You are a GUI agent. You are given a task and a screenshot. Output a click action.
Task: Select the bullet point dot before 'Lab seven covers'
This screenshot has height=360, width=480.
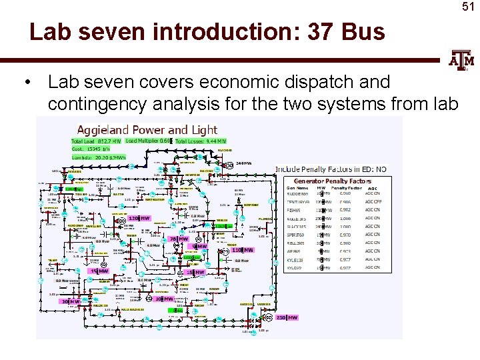(x=27, y=83)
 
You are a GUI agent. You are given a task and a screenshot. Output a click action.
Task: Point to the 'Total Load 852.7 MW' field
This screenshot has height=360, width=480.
(x=97, y=141)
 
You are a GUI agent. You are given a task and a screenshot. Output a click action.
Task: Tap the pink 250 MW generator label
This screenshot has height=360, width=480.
(x=287, y=318)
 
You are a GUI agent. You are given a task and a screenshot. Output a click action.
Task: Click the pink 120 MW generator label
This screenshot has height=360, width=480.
(x=139, y=219)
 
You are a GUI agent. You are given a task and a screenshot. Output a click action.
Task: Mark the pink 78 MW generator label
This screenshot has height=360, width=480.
(x=178, y=239)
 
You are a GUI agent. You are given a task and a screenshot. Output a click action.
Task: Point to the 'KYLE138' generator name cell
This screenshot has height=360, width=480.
(x=297, y=260)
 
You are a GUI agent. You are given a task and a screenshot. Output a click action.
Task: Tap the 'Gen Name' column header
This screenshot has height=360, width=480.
(x=297, y=189)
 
